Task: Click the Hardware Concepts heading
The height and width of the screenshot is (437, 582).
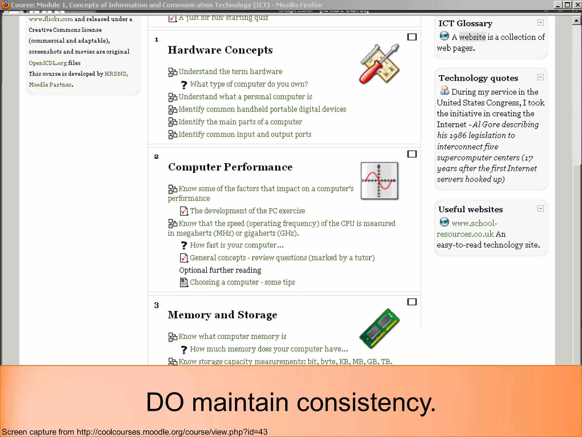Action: (220, 50)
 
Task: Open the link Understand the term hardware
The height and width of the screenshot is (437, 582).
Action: (230, 72)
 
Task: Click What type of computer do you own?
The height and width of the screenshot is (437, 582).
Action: (249, 84)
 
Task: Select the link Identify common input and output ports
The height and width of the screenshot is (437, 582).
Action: (245, 134)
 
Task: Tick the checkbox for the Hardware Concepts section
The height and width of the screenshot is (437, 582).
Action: (412, 37)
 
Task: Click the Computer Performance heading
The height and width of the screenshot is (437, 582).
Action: (230, 167)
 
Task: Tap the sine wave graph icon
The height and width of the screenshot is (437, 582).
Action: (379, 181)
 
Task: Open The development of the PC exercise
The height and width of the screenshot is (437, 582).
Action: (247, 211)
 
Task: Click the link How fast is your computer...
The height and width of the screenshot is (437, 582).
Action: (236, 245)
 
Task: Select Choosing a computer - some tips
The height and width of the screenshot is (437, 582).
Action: (242, 282)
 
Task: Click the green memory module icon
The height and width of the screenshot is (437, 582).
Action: (379, 329)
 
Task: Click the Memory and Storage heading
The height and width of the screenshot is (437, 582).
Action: (222, 315)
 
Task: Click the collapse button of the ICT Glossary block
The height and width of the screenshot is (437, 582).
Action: (541, 22)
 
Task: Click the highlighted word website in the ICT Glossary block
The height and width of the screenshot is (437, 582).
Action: (472, 37)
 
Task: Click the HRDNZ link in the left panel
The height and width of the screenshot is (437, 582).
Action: (115, 74)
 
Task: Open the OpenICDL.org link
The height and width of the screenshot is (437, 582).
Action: (48, 63)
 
